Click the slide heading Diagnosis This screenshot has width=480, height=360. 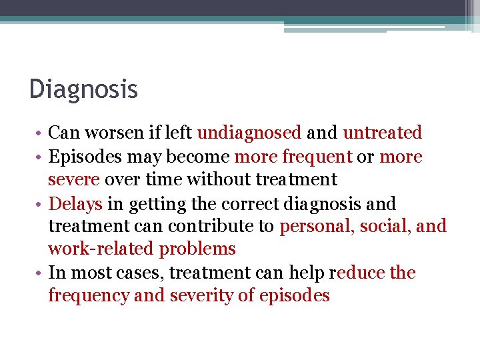[x=83, y=89]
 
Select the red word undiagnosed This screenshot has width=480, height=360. [x=249, y=133]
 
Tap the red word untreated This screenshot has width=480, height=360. [x=382, y=133]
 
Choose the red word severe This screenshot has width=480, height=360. [x=74, y=179]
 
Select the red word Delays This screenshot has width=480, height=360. [x=75, y=203]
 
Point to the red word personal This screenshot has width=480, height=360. [x=317, y=227]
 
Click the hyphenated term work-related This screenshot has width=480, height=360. [x=101, y=249]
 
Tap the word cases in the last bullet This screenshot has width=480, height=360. [x=142, y=273]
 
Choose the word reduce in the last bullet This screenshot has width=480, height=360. [x=357, y=273]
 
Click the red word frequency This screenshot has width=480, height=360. [x=88, y=296]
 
